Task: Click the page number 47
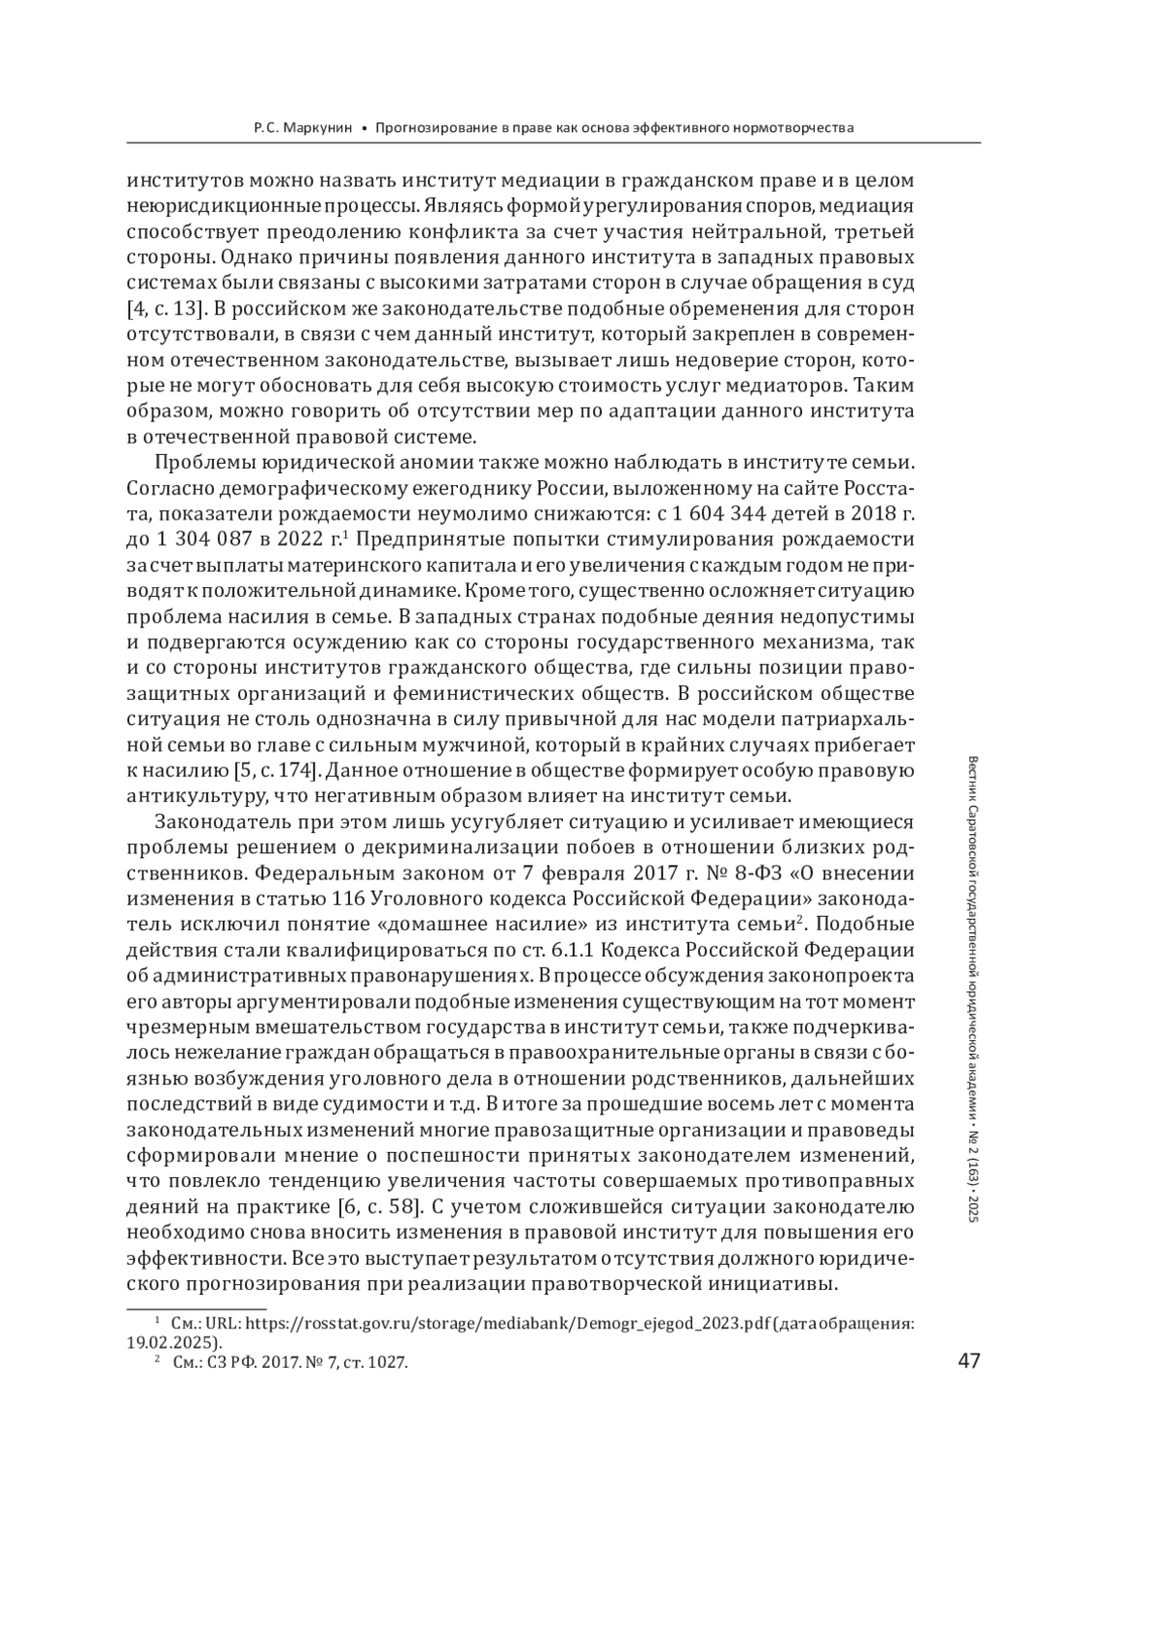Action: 968,1360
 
